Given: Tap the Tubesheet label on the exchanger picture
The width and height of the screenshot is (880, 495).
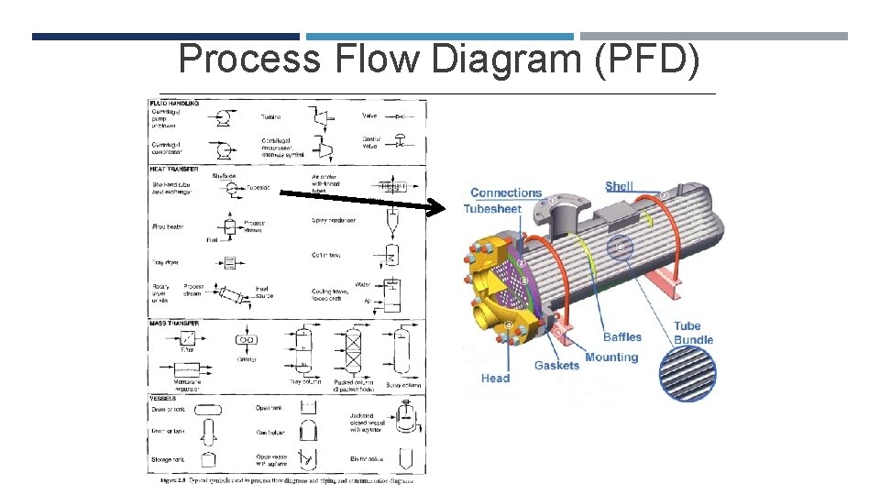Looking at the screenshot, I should point(492,209).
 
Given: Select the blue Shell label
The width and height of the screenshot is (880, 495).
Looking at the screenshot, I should point(619,186).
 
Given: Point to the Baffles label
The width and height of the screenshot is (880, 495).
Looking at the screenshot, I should point(622,337).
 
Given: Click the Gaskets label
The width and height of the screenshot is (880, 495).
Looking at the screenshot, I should point(556,365).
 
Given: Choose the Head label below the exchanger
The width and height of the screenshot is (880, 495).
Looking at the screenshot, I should point(495,378).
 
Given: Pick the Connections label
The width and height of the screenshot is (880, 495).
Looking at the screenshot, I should point(506,192).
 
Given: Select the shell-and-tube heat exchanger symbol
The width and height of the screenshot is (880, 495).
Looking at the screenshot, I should point(230,188).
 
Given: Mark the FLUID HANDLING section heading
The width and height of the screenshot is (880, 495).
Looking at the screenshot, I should point(174,103).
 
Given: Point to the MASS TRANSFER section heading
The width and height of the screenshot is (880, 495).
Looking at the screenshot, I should point(174,323).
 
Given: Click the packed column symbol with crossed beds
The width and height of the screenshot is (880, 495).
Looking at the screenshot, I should point(353,353).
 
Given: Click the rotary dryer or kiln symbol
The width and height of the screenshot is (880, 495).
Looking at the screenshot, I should point(231,294).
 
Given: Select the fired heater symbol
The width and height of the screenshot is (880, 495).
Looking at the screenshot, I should point(229,226).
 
